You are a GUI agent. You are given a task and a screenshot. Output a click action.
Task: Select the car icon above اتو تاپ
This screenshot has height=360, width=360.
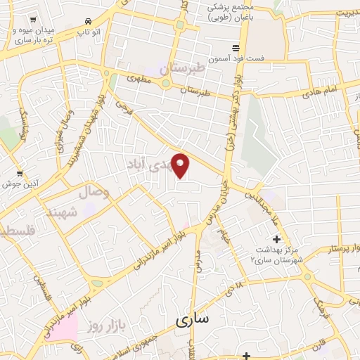pyautogui.click(x=87, y=21)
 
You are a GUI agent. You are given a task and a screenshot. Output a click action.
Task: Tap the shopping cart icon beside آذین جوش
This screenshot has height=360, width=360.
pyautogui.click(x=19, y=172)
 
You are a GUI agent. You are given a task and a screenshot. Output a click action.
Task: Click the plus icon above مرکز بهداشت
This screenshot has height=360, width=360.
pyautogui.click(x=276, y=240)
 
